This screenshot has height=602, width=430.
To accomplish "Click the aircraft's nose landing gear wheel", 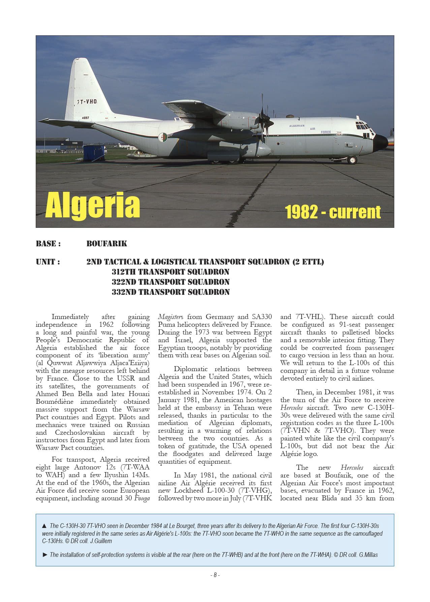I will [x=352, y=160].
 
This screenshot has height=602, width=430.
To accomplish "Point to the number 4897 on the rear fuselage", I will [x=85, y=118].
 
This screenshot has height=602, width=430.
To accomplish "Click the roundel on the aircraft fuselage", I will [x=164, y=137].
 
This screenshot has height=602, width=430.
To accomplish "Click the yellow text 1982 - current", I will [x=333, y=212].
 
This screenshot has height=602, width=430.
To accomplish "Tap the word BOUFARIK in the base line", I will [x=106, y=244].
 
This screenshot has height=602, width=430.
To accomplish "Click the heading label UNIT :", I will [x=48, y=262].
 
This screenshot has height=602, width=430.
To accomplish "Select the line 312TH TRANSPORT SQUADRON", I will [x=171, y=272].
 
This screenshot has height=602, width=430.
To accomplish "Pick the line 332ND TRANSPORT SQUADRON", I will [x=171, y=292].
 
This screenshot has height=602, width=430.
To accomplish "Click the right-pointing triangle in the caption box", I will [x=45, y=555].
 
